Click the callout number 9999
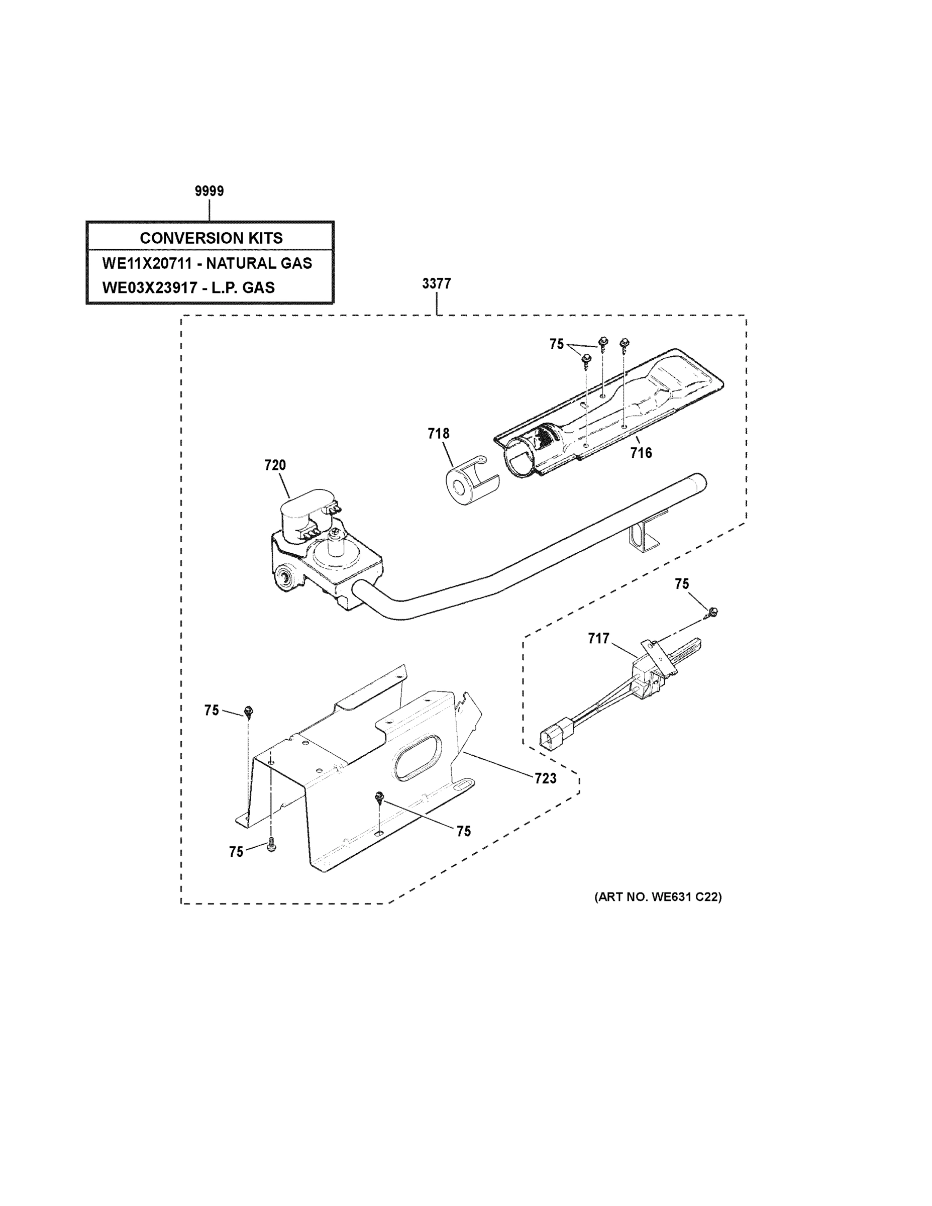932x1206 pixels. point(209,191)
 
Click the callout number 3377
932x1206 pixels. point(436,284)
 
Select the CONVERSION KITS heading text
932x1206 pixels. point(211,238)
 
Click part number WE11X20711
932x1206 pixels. point(146,263)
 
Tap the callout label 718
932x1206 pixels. point(439,434)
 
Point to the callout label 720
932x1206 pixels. point(275,465)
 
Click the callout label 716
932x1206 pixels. point(641,453)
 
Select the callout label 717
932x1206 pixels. point(598,638)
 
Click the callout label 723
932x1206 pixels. point(546,778)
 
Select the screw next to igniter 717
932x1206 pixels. point(712,611)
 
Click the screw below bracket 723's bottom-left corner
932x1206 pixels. point(270,846)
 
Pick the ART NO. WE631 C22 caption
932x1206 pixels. point(658,897)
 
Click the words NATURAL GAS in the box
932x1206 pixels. point(259,263)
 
